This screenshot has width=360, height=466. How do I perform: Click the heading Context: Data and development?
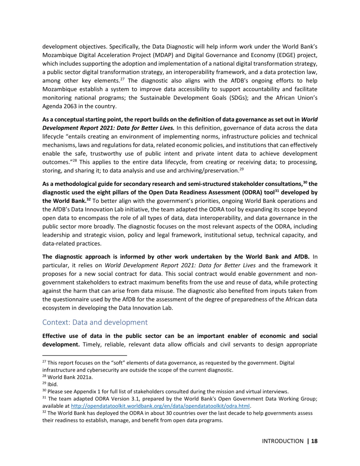[x=95, y=322]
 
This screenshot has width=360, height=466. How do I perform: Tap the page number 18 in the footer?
[x=314, y=441]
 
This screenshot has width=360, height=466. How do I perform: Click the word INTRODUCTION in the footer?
[x=283, y=441]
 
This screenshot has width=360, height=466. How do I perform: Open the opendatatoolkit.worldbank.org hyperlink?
[x=160, y=406]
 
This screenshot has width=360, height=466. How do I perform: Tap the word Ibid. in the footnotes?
[x=53, y=384]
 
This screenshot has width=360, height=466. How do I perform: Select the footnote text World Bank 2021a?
[x=70, y=377]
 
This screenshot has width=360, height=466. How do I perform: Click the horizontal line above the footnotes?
[x=85, y=356]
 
